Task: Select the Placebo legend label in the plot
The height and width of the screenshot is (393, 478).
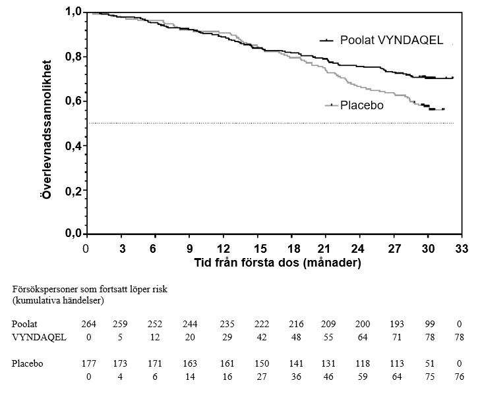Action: point(361,105)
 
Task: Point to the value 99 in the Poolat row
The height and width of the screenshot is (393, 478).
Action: point(429,325)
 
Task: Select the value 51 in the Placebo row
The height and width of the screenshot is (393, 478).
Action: point(429,363)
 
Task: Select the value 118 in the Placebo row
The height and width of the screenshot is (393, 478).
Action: point(360,363)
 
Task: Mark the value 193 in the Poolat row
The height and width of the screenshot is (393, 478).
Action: point(394,325)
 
